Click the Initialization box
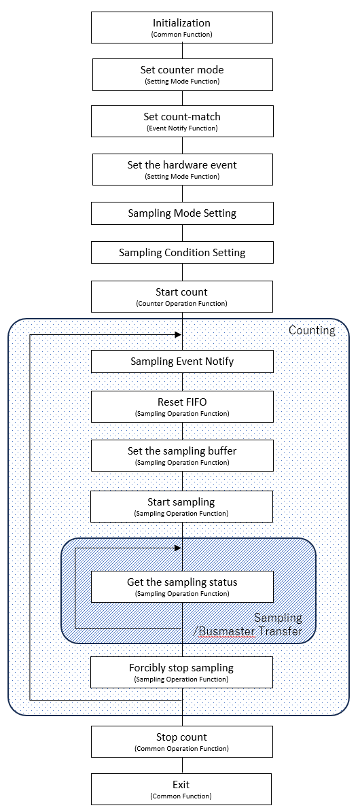click(x=182, y=27)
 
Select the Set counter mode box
click(x=182, y=74)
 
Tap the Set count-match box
click(x=182, y=121)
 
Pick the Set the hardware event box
click(x=182, y=169)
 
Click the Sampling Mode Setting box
click(x=182, y=213)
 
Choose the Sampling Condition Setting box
click(x=182, y=253)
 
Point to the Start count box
click(x=182, y=297)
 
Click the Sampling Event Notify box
click(x=182, y=361)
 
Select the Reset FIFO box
click(x=182, y=406)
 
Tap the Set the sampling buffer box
click(x=182, y=456)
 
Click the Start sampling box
click(x=181, y=506)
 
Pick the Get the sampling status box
click(x=182, y=586)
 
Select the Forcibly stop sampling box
click(x=181, y=672)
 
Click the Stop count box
click(x=182, y=741)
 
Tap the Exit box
click(x=182, y=789)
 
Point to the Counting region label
click(x=312, y=330)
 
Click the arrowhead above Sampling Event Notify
click(x=178, y=334)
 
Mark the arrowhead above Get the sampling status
click(x=178, y=548)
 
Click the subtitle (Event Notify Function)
click(x=182, y=128)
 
